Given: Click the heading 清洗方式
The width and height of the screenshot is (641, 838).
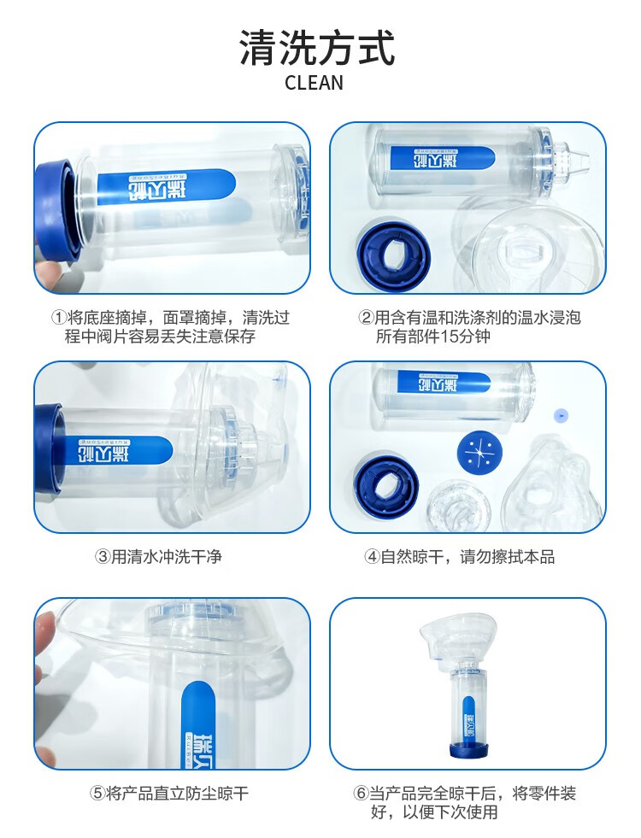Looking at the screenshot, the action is coord(317,48).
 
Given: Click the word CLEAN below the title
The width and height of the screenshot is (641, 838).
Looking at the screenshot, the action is coord(314,83).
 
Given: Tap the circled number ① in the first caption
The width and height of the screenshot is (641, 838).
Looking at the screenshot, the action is coord(58,318).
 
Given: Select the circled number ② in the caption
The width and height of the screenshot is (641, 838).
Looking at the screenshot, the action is coord(366,318).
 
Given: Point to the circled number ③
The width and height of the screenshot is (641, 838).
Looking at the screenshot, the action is coord(102,557).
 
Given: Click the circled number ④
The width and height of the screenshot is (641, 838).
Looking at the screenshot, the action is coord(372,557).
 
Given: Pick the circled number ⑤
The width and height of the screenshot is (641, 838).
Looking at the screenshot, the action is coord(97,793).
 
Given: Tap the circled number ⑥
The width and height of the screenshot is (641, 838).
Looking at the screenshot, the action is coord(361,793).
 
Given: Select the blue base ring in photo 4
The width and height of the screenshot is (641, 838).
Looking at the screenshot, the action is coord(386,484).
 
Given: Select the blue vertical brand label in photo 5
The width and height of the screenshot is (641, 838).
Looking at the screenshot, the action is coord(197,724).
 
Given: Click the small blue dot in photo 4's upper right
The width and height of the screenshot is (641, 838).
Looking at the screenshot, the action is coord(561,414).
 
